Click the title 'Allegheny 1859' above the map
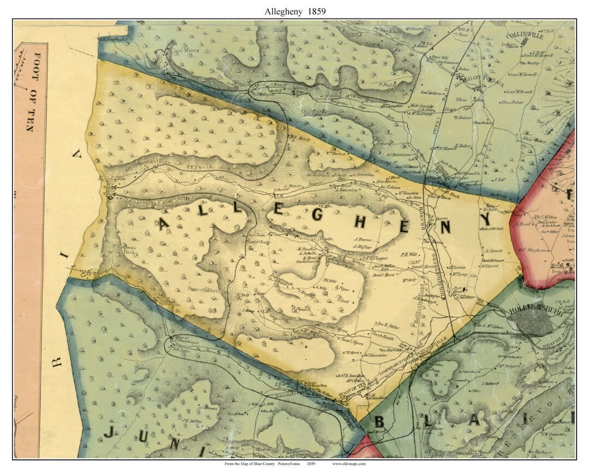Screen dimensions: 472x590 coord(295,10)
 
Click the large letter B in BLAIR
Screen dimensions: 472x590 coord(381,422)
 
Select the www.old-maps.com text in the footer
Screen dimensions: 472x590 coord(349,464)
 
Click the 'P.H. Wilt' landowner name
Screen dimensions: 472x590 coord(409,254)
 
